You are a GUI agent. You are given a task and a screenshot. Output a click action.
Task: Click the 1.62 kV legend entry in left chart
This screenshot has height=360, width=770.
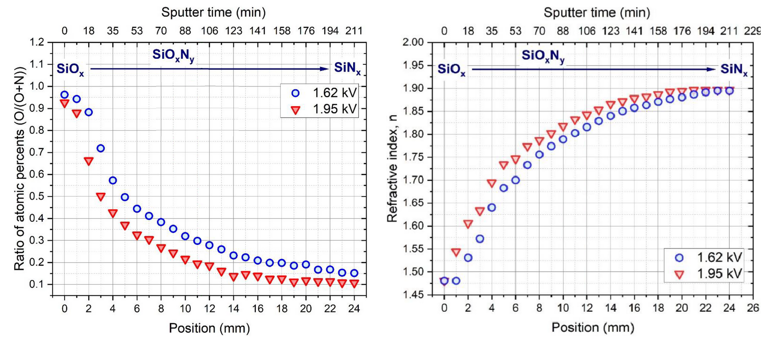pyautogui.click(x=325, y=93)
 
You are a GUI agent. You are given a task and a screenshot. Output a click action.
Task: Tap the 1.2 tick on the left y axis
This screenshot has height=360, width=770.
pyautogui.click(x=37, y=43)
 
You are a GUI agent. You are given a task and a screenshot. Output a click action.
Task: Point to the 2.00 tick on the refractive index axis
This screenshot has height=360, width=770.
pyautogui.click(x=413, y=43)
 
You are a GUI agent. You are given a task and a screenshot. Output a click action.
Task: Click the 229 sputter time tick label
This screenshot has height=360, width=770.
pyautogui.click(x=752, y=31)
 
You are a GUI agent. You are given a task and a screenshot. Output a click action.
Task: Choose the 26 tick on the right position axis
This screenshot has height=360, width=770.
pyautogui.click(x=753, y=308)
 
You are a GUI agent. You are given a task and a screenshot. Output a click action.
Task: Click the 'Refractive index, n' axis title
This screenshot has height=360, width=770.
pyautogui.click(x=392, y=168)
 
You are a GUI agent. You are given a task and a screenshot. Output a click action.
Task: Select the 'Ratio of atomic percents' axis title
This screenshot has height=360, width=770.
pyautogui.click(x=19, y=168)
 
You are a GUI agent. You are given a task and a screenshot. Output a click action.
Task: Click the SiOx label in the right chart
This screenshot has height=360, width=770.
pyautogui.click(x=451, y=69)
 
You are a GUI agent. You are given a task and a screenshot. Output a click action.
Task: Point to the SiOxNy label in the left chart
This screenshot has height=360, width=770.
pyautogui.click(x=173, y=55)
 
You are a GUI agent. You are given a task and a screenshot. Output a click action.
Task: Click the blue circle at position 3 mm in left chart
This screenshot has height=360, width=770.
pyautogui.click(x=100, y=148)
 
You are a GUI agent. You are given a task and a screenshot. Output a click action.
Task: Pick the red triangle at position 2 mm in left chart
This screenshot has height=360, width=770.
pyautogui.click(x=89, y=161)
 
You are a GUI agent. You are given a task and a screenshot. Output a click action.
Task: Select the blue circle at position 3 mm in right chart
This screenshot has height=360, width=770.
pyautogui.click(x=480, y=239)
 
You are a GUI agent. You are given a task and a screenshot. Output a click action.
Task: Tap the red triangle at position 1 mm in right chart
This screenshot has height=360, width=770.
pyautogui.click(x=456, y=253)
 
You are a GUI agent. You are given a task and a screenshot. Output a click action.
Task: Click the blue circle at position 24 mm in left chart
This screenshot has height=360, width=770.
pyautogui.click(x=354, y=273)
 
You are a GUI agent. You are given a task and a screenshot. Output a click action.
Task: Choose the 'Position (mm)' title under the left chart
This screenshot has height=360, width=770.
pyautogui.click(x=209, y=328)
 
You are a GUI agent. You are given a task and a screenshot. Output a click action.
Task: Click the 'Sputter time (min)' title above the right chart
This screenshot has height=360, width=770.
pyautogui.click(x=597, y=12)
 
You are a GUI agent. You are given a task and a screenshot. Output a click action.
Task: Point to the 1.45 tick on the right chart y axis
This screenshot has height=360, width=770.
pyautogui.click(x=413, y=295)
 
